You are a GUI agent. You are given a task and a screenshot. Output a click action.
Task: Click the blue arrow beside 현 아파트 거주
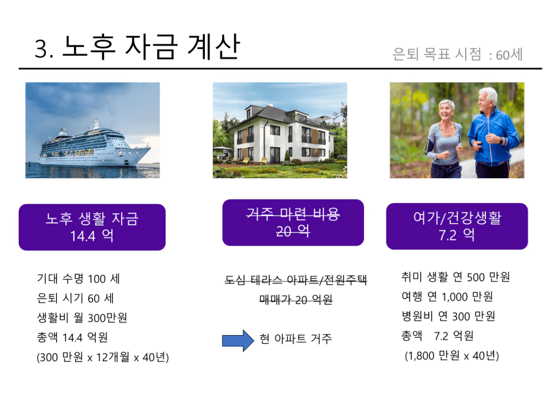tap(238, 340)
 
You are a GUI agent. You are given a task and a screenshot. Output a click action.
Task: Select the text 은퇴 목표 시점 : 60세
tap(457, 55)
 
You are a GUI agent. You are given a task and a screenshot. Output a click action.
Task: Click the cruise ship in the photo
tap(94, 147)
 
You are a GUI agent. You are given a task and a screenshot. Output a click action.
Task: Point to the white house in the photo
tap(281, 134)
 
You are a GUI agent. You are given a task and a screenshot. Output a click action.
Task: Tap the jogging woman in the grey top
tap(444, 140)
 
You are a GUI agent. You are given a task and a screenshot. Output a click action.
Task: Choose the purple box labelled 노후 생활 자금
tap(92, 227)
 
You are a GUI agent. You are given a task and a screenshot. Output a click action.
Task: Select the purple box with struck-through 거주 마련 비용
tap(293, 223)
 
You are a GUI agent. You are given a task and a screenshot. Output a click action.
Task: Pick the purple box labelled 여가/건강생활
tap(457, 226)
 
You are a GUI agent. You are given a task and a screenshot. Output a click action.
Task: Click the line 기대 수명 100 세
tap(79, 279)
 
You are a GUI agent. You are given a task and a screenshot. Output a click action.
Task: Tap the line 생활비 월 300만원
tap(82, 317)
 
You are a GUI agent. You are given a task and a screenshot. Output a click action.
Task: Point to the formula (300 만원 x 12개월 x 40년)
tap(103, 357)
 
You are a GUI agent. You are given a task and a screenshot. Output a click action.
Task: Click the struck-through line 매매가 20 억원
tap(296, 300)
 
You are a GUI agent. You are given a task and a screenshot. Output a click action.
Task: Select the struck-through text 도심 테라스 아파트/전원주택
tap(296, 280)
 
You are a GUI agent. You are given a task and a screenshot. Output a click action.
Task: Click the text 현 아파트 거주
tap(296, 338)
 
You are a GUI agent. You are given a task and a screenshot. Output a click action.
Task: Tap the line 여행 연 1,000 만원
tap(447, 296)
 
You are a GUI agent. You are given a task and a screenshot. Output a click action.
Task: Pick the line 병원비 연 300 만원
tap(448, 316)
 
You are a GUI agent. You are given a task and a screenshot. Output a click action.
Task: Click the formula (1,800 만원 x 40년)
tap(452, 355)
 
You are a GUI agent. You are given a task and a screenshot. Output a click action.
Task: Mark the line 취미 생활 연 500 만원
tap(456, 277)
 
